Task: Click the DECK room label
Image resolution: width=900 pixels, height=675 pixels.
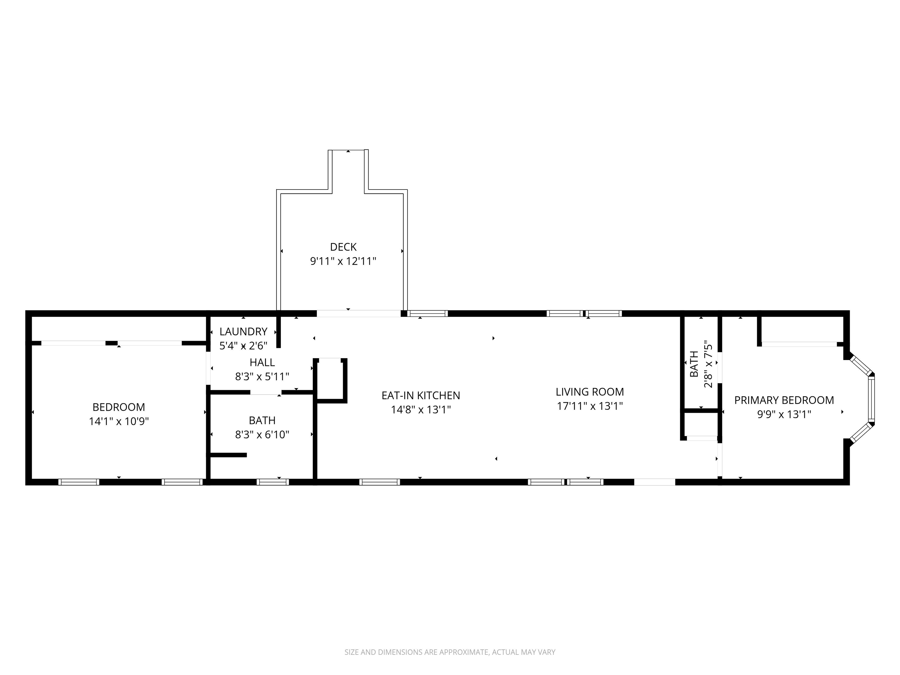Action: tap(343, 247)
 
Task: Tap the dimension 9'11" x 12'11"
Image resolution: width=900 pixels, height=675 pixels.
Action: tap(343, 261)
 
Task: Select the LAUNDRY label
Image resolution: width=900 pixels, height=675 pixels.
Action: tap(243, 332)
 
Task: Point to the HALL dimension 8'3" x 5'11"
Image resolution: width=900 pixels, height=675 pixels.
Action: tap(262, 376)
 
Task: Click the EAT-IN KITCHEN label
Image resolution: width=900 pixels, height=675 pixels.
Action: tap(421, 396)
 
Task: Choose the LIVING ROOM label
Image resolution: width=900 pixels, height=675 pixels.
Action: tap(589, 392)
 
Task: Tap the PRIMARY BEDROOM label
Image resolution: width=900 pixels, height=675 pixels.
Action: tap(784, 400)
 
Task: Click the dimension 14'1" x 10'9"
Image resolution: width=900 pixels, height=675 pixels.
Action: tap(119, 421)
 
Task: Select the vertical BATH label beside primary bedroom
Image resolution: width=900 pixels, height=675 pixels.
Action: tap(694, 364)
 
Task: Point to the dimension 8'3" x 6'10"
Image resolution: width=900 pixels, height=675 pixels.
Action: tap(262, 434)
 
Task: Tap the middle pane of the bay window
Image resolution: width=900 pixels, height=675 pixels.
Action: tap(871, 399)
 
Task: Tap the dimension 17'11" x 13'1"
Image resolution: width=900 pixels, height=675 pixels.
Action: tap(589, 406)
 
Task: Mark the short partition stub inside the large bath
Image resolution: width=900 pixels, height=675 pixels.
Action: tap(228, 455)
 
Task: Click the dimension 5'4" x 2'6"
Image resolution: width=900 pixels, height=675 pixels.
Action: tap(243, 346)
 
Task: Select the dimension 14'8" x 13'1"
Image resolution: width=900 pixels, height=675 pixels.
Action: tap(421, 410)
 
